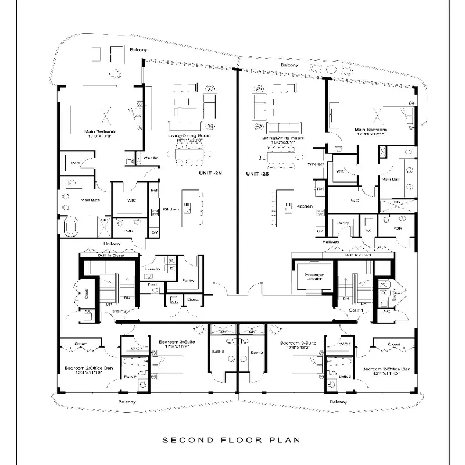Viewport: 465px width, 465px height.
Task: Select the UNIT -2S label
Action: [256, 174]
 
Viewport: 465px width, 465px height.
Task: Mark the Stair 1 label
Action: [356, 312]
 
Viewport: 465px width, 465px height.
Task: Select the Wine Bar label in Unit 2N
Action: [151, 158]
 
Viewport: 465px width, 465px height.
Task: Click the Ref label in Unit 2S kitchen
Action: [320, 189]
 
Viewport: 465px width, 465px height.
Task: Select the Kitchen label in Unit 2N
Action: [170, 209]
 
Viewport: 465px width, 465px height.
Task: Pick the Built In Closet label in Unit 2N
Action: [109, 255]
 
